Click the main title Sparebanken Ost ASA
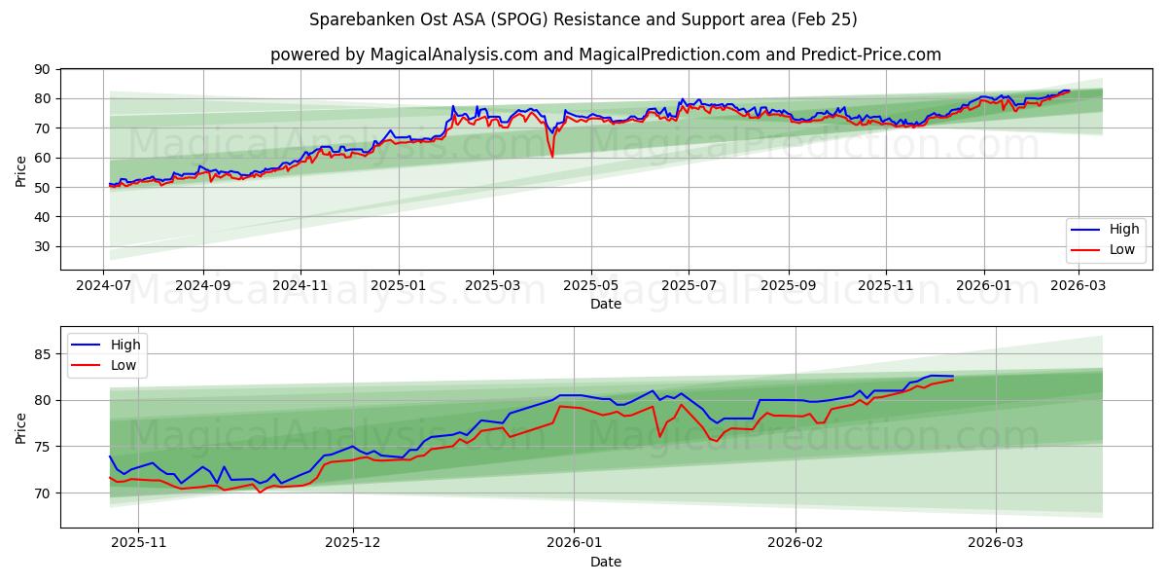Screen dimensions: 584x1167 click(583, 19)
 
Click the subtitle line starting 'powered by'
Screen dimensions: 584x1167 click(605, 55)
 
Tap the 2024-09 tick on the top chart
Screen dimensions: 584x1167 click(203, 286)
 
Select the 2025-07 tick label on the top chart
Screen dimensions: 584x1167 click(689, 286)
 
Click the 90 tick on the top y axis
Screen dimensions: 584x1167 click(43, 69)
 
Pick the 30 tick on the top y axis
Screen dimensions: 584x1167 click(43, 246)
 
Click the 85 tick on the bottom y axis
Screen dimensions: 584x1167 click(43, 354)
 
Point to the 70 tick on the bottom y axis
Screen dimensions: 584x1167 click(43, 493)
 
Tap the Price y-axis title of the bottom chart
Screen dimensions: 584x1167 click(21, 427)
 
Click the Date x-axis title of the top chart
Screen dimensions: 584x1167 click(605, 304)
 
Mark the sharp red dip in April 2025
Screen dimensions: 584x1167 click(552, 156)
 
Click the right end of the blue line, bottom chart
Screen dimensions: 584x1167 click(953, 376)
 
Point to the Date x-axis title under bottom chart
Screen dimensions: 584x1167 click(605, 562)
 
